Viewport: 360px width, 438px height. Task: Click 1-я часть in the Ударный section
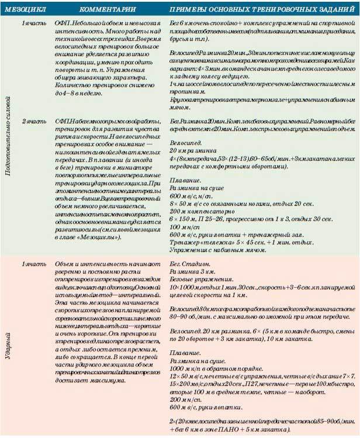coord(33,264)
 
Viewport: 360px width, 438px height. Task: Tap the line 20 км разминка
coord(187,149)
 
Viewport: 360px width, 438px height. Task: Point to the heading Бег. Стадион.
coord(187,264)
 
